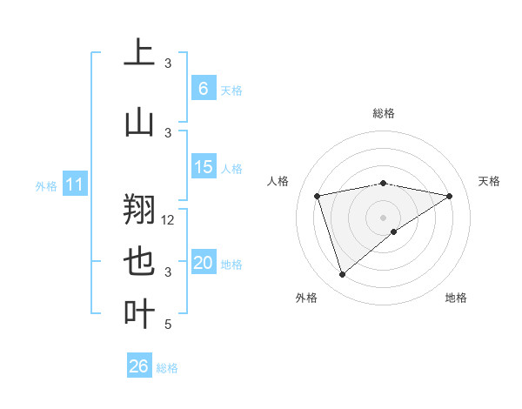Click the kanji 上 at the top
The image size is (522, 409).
[x=139, y=52]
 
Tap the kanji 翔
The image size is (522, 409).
[x=139, y=209]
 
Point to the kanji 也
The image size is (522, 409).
[x=139, y=262]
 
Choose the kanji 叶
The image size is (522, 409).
[x=139, y=314]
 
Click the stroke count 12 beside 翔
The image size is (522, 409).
[x=169, y=220]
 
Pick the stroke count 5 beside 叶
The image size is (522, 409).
[x=169, y=325]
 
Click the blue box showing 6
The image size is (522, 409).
[x=203, y=89]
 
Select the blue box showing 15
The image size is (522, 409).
[x=203, y=167]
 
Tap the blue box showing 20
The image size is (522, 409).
[x=203, y=264]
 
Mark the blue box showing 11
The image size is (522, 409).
[x=75, y=184]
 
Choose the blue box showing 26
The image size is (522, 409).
[x=139, y=366]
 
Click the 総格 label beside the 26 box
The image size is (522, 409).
[x=168, y=368]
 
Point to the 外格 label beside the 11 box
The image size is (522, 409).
[x=46, y=185]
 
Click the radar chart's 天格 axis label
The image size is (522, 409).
[x=490, y=181]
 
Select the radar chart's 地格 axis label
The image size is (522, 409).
[x=456, y=298]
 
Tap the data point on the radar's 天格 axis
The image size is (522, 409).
[x=449, y=196]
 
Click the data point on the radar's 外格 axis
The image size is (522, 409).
[x=342, y=275]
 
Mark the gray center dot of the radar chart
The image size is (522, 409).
[x=383, y=217]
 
